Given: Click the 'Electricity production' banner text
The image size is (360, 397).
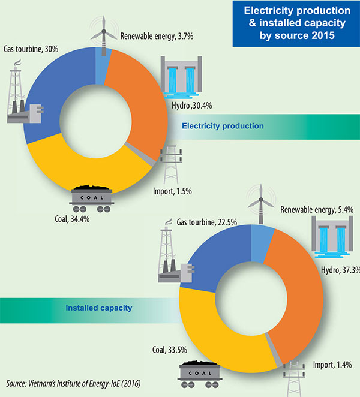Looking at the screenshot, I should click(222, 126).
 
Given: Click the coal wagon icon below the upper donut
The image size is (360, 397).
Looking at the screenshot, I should click(91, 198).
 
